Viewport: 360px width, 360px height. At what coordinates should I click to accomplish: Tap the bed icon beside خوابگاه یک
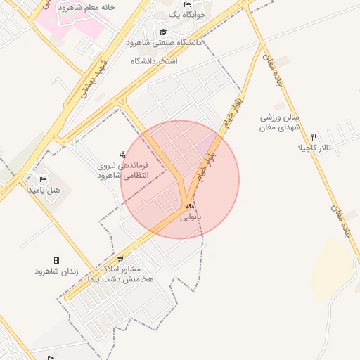click(187, 4)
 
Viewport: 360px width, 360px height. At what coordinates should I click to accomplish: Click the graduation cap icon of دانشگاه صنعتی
click(163, 32)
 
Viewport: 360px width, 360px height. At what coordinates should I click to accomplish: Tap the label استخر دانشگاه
click(153, 61)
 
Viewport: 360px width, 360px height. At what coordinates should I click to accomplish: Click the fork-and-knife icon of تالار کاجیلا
click(314, 137)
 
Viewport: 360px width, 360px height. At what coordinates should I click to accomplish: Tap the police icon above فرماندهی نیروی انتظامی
click(124, 153)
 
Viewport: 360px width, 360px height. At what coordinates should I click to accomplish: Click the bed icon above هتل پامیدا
click(43, 179)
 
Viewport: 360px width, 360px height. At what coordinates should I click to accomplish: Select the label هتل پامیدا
click(44, 190)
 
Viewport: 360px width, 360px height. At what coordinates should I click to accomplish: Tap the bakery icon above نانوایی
click(190, 206)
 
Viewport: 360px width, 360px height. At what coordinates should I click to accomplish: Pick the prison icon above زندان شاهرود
click(56, 260)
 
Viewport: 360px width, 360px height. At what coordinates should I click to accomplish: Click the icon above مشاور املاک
click(120, 259)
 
